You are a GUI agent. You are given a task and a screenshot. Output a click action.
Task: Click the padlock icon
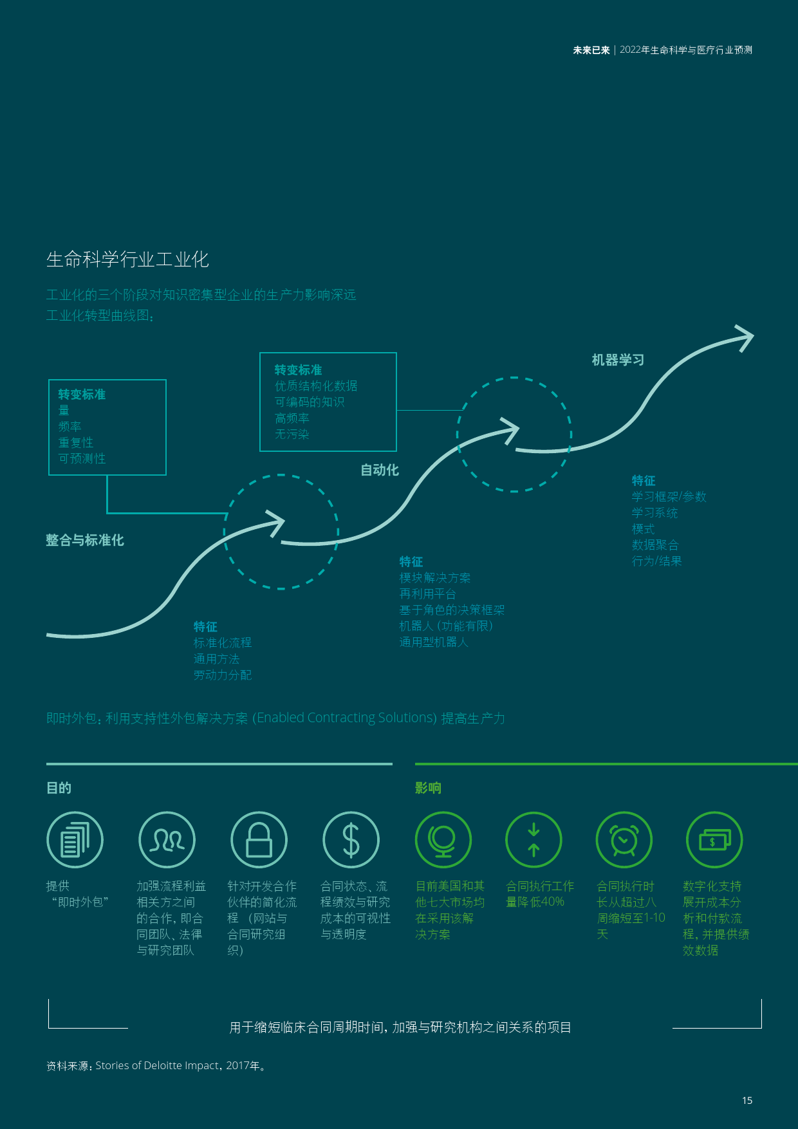tap(259, 840)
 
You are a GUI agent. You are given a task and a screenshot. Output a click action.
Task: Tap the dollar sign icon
tap(351, 840)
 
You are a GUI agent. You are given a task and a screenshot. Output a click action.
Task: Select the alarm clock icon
tap(624, 840)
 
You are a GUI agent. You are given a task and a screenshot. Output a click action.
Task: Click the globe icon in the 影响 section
tap(443, 840)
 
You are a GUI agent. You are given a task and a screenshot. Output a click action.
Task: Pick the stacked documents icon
tap(75, 840)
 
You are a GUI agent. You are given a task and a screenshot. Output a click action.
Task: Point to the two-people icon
tap(167, 840)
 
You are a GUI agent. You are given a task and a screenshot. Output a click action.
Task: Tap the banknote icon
tap(714, 840)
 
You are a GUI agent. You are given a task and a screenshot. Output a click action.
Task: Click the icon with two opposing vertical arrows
tap(534, 840)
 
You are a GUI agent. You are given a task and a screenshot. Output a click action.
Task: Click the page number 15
tap(747, 1101)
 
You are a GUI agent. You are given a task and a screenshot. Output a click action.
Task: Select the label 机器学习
tap(618, 360)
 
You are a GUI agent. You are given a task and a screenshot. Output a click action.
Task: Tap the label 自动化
tap(380, 470)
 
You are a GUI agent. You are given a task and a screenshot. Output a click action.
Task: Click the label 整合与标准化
tap(85, 540)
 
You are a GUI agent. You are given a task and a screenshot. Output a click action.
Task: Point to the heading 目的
tap(59, 788)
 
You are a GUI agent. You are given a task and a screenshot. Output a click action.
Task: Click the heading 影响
tap(428, 788)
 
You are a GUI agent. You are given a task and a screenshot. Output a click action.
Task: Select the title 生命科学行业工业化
tap(127, 259)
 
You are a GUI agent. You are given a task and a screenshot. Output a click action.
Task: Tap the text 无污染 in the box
tap(292, 434)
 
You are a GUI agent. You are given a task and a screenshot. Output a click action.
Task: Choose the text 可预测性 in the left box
tap(82, 459)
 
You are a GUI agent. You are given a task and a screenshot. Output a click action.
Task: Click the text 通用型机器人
tap(434, 642)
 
